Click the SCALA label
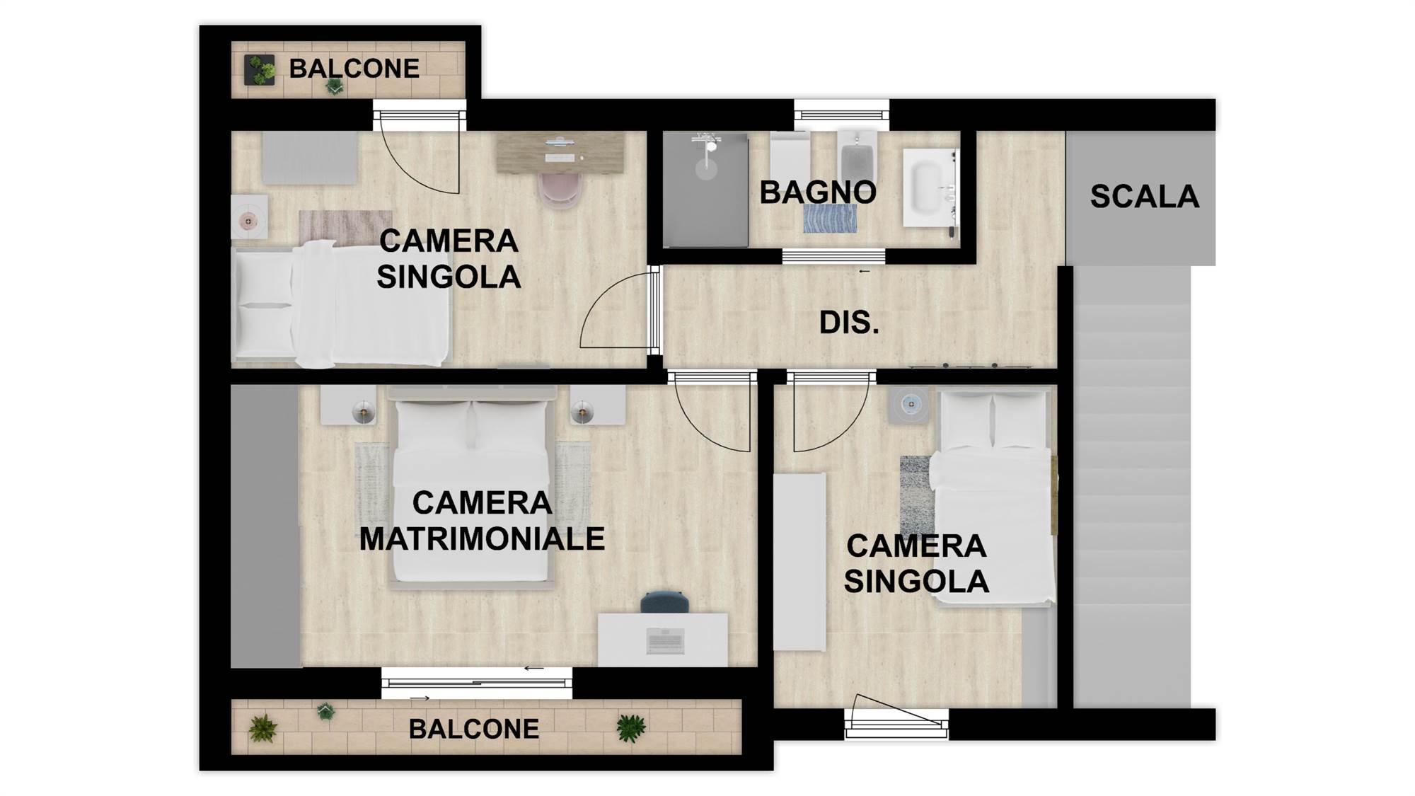(1144, 197)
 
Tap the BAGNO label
(818, 192)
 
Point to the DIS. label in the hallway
(849, 323)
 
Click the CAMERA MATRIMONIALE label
(482, 521)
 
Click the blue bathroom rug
(830, 219)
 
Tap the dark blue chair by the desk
(664, 602)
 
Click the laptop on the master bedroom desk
(665, 640)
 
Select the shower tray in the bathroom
(705, 190)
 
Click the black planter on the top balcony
(259, 70)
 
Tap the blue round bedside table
(911, 404)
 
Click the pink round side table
(248, 221)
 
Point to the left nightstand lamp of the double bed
(364, 411)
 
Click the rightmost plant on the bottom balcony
(630, 728)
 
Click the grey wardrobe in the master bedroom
(265, 526)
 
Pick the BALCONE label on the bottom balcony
(474, 729)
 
